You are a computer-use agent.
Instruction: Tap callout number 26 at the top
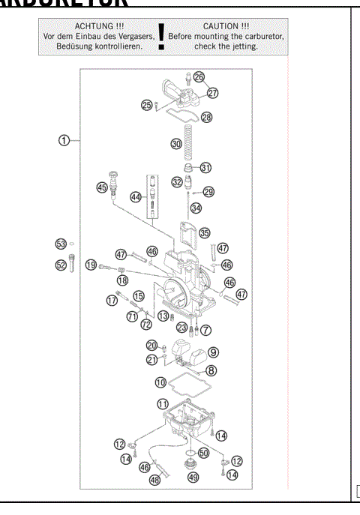[x=199, y=77]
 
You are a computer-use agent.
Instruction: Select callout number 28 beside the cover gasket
[x=206, y=118]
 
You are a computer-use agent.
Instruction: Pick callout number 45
[x=102, y=188]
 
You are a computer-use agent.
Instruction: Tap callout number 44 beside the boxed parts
[x=136, y=197]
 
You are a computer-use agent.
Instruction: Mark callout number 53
[x=61, y=244]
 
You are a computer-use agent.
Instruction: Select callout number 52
[x=61, y=265]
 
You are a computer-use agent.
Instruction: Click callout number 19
[x=91, y=265]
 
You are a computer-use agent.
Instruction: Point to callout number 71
[x=132, y=317]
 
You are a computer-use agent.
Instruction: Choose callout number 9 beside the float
[x=213, y=351]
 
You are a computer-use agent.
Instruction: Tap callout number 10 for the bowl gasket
[x=160, y=382]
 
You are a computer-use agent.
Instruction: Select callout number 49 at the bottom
[x=193, y=477]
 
